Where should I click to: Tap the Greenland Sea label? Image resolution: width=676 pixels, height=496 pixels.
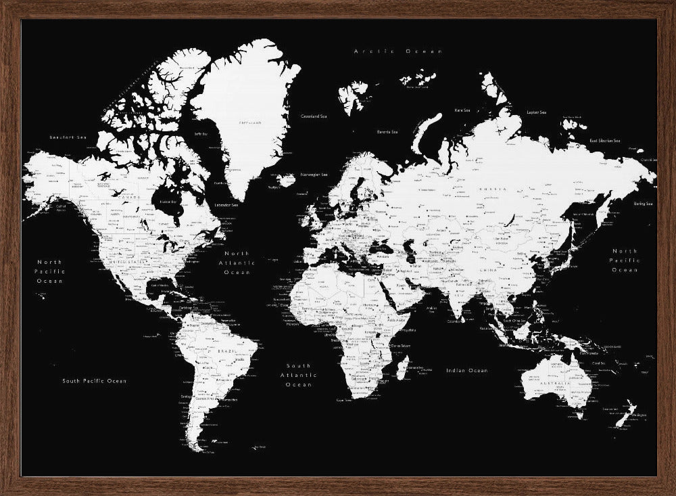pos(314,116)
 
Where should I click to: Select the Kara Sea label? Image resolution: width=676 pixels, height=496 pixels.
pos(462,110)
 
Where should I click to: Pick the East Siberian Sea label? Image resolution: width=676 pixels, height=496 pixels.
pos(604,140)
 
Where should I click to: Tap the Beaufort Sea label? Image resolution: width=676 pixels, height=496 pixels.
pos(69,137)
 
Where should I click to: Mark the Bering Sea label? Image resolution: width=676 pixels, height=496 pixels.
pos(643,204)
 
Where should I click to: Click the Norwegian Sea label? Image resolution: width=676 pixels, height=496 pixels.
pos(314,175)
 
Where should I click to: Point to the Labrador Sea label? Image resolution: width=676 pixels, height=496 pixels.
pos(226,204)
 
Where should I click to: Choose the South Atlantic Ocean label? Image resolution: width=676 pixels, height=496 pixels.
pos(298,375)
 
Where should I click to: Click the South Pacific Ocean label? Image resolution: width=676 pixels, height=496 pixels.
pos(95,381)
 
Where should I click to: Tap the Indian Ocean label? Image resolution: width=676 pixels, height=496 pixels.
pos(466,371)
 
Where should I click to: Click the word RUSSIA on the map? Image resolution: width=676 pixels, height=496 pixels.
pos(491,189)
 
